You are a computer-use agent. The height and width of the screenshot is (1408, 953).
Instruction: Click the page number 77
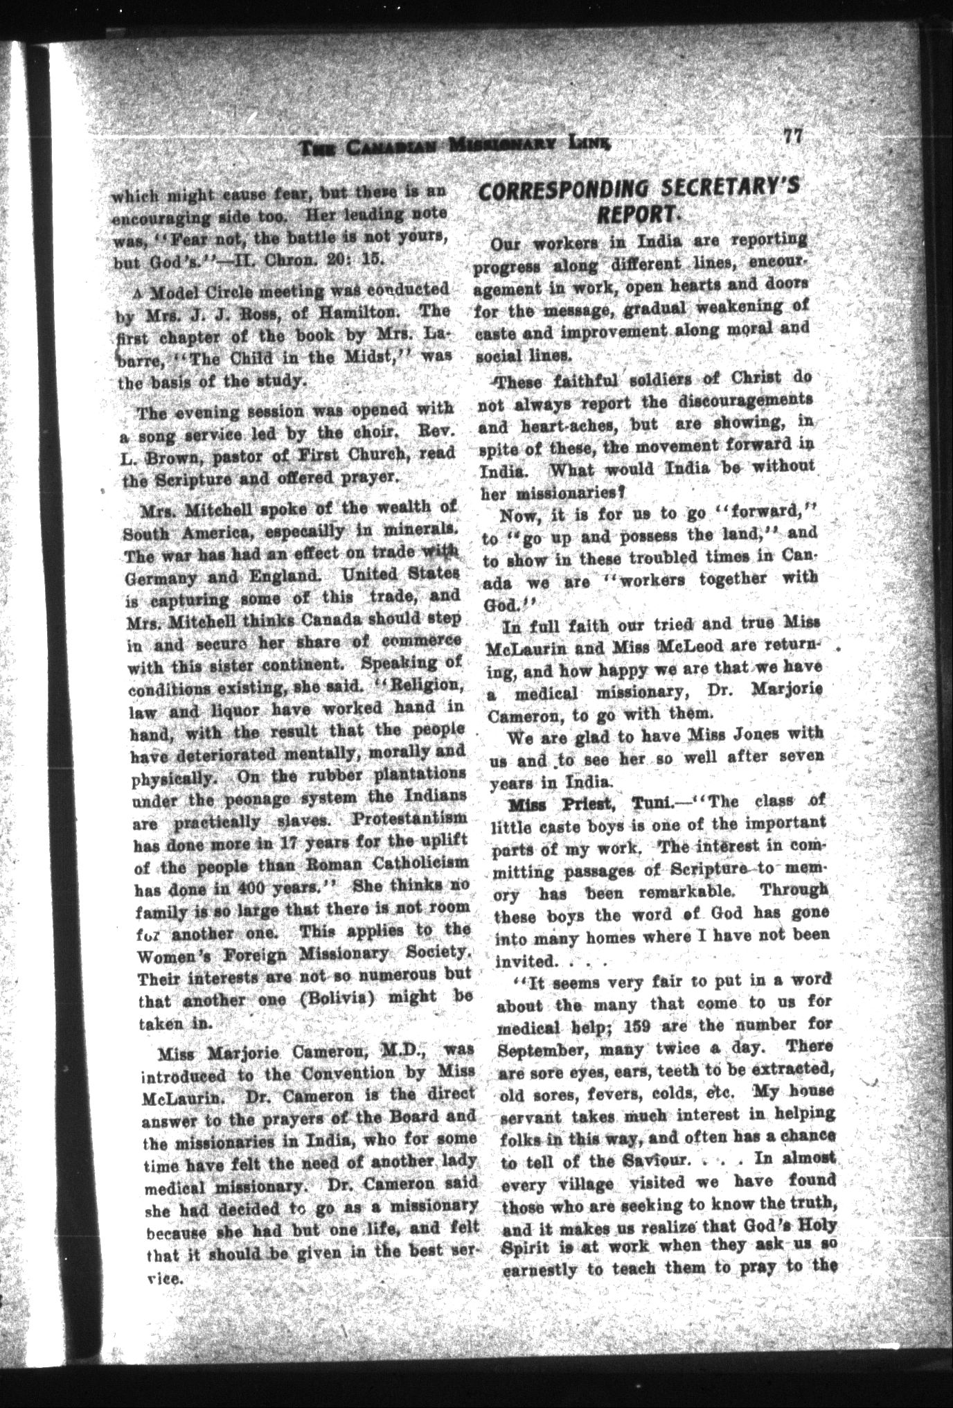792,135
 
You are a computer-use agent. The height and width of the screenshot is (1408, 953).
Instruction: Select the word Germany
157,577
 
